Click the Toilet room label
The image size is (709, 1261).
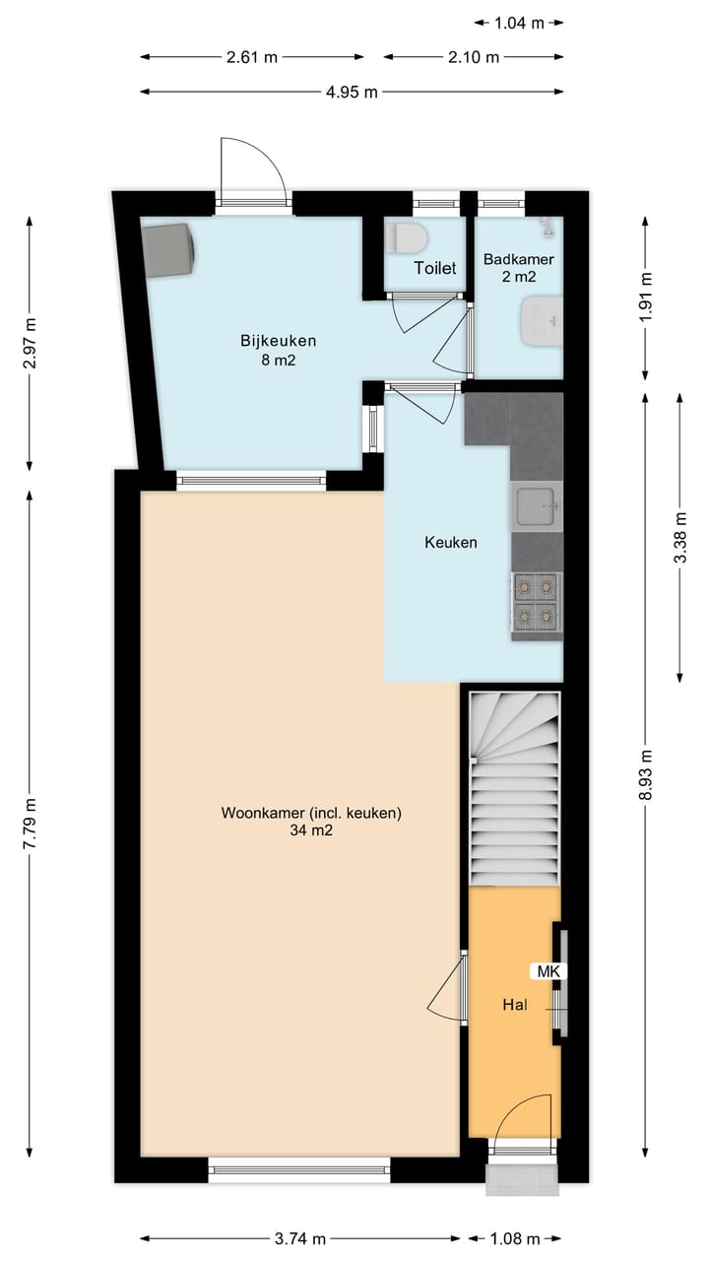(x=434, y=268)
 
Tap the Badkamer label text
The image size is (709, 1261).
(x=518, y=260)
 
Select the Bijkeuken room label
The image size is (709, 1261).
(x=278, y=341)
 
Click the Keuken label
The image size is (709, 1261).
(x=450, y=542)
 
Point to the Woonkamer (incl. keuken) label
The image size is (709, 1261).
(x=311, y=814)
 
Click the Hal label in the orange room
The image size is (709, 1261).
(x=514, y=1005)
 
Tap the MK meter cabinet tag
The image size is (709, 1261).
(x=548, y=971)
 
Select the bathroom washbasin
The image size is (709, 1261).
(x=541, y=321)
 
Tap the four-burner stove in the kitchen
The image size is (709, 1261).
(x=536, y=601)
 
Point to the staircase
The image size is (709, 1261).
(x=514, y=788)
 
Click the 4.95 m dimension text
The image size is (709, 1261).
(x=352, y=92)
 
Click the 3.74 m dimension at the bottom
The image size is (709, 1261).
(x=299, y=1238)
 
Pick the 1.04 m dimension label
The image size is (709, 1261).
(x=518, y=23)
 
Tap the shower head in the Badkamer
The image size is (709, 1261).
(x=545, y=227)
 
